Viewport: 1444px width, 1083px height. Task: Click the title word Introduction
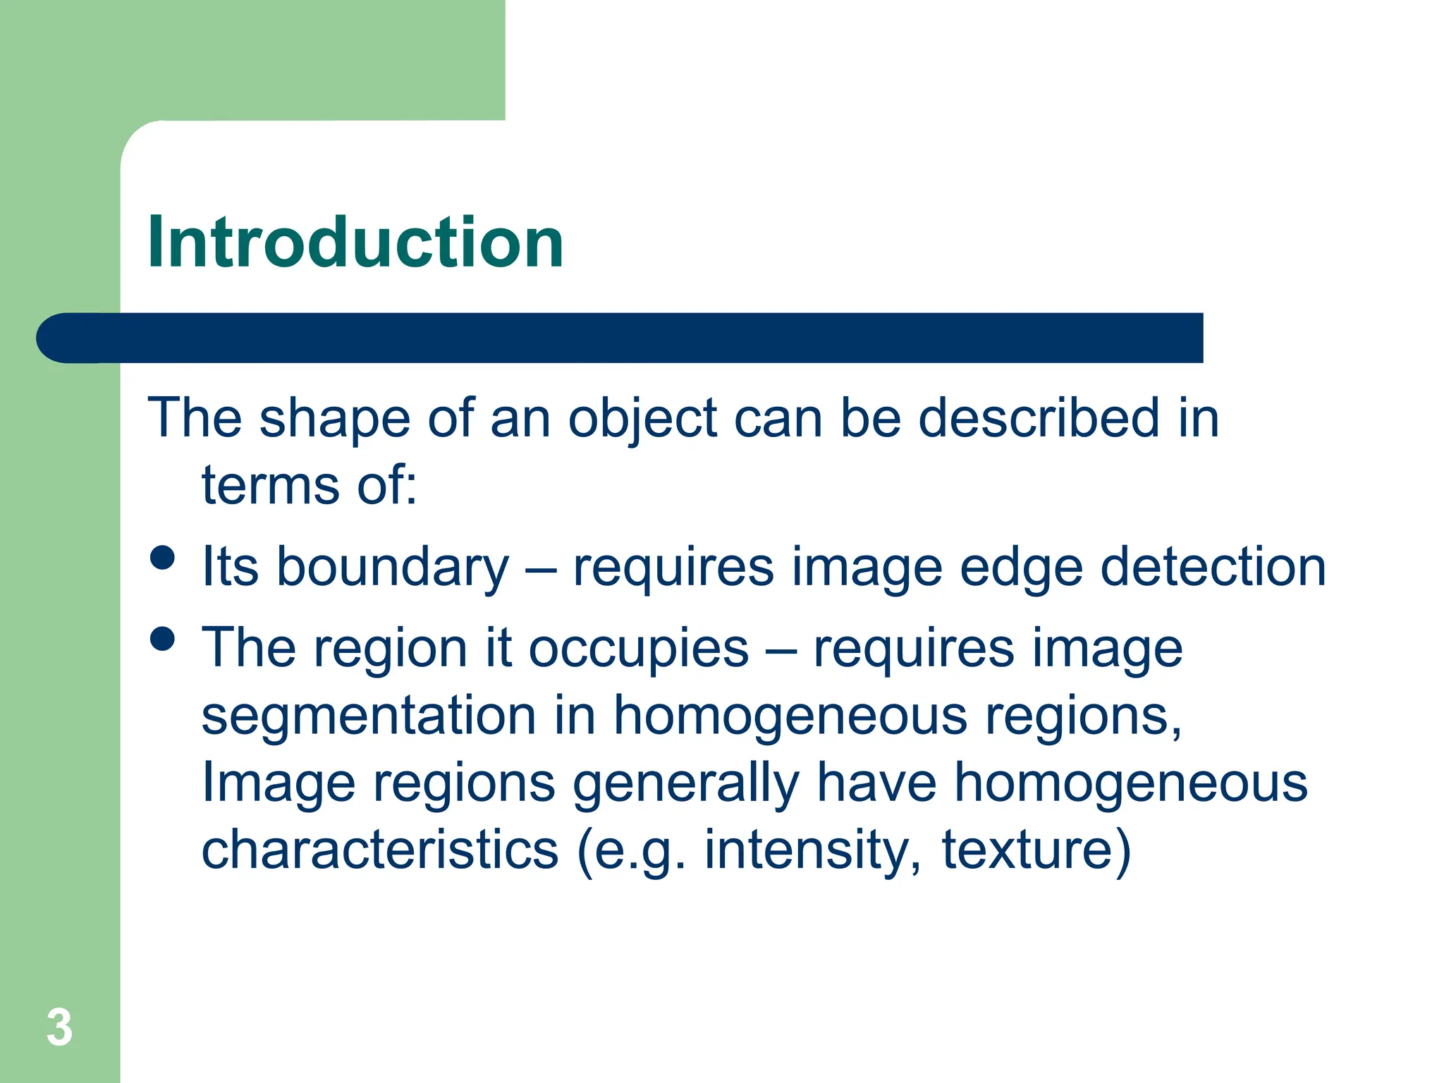pyautogui.click(x=355, y=243)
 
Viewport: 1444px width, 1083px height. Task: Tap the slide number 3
pyautogui.click(x=59, y=1028)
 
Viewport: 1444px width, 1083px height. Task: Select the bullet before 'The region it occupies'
pyautogui.click(x=162, y=639)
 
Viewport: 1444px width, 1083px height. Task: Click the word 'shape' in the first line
pyautogui.click(x=334, y=420)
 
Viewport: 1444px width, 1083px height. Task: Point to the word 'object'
pyautogui.click(x=642, y=420)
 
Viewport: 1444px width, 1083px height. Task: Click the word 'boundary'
pyautogui.click(x=392, y=568)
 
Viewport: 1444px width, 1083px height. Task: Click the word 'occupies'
pyautogui.click(x=638, y=649)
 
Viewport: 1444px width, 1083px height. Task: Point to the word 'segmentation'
pyautogui.click(x=369, y=715)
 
